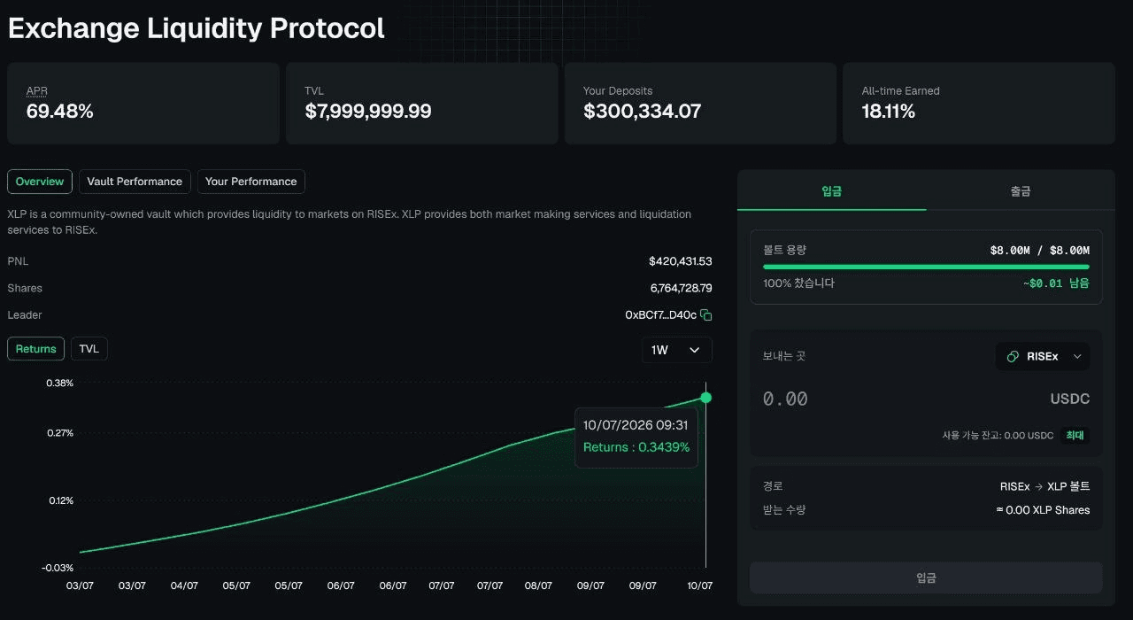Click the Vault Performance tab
135,182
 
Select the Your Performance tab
250,182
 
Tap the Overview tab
40,182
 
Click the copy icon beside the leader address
706,314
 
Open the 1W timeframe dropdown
677,350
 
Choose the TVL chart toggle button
89,349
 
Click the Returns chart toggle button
35,349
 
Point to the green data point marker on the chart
706,398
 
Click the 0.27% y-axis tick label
60,433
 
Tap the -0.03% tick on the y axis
58,568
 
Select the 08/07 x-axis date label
538,585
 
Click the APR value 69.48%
59,112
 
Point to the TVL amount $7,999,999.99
367,112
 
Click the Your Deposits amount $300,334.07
642,112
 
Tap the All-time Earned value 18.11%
888,112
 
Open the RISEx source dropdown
1043,356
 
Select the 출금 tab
1021,190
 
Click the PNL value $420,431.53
681,261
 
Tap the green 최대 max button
1075,435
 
